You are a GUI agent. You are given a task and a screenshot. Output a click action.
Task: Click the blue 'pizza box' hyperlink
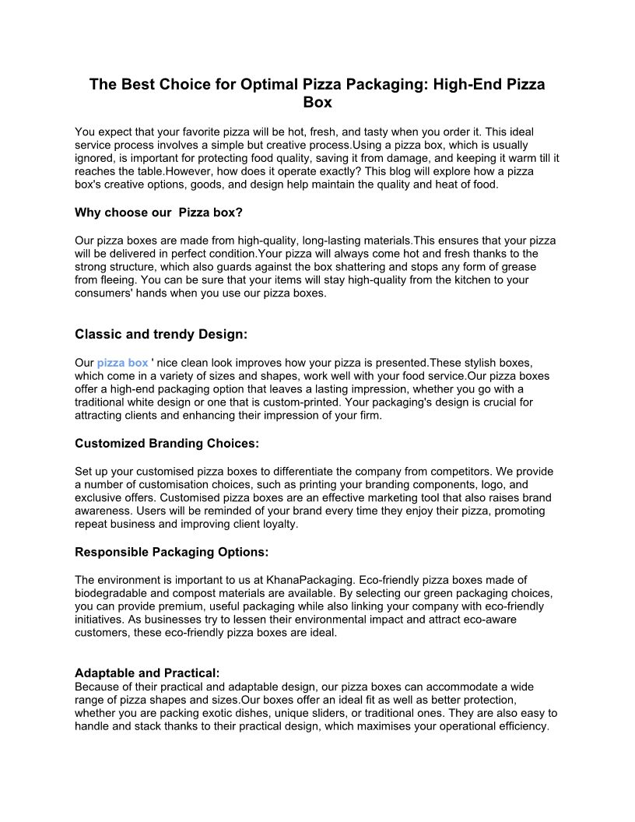point(122,363)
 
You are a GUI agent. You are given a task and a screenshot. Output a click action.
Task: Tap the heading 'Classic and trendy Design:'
point(161,334)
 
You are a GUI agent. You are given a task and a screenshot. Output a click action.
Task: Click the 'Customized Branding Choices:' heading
point(167,443)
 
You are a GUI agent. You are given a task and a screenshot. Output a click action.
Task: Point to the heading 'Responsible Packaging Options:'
point(171,552)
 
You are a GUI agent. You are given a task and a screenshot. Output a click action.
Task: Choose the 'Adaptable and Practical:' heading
point(147,673)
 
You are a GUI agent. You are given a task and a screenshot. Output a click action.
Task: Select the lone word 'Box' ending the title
point(317,102)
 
